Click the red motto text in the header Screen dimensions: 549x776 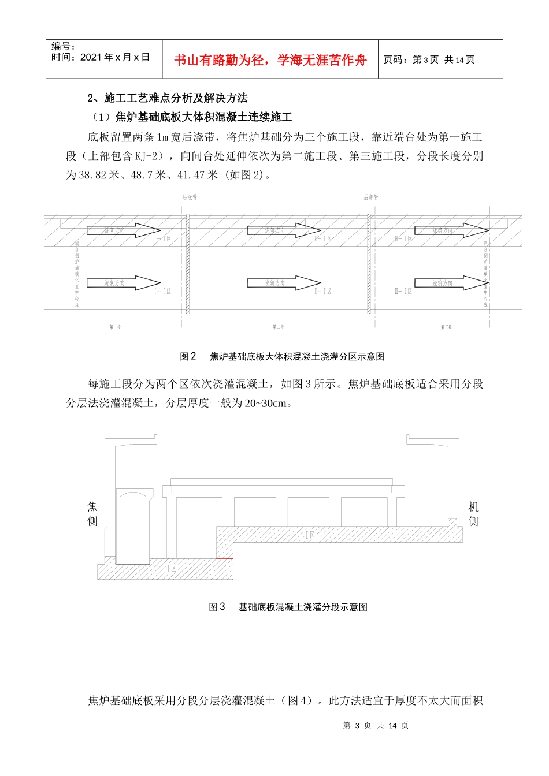270,60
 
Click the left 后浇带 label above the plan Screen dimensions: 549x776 190,197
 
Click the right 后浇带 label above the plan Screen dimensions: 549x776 371,197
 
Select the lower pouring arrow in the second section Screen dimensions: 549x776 284,283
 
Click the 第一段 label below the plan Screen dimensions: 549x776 115,327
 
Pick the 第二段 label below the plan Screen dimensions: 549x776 279,327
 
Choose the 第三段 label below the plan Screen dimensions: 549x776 446,327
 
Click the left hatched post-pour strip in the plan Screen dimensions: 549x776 188,264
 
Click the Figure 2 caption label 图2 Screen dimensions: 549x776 188,357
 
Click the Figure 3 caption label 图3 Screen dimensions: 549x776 217,607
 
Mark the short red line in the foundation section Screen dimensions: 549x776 225,559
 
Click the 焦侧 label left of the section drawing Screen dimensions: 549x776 92,514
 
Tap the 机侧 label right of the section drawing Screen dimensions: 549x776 473,514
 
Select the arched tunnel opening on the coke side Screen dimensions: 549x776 133,525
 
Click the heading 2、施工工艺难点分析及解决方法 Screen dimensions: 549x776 168,98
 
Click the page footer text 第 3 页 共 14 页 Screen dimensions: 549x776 376,725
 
